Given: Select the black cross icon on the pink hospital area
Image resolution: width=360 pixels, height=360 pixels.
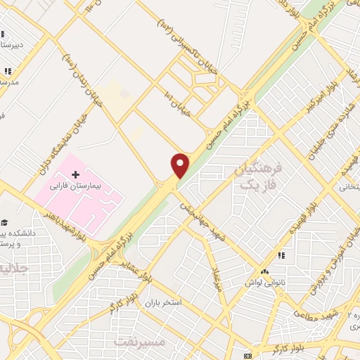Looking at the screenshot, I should (x=76, y=174).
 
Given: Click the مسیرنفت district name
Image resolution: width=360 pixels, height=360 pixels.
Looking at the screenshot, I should (x=139, y=341).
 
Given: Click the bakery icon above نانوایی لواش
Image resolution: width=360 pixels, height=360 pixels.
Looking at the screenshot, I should (x=264, y=272).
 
